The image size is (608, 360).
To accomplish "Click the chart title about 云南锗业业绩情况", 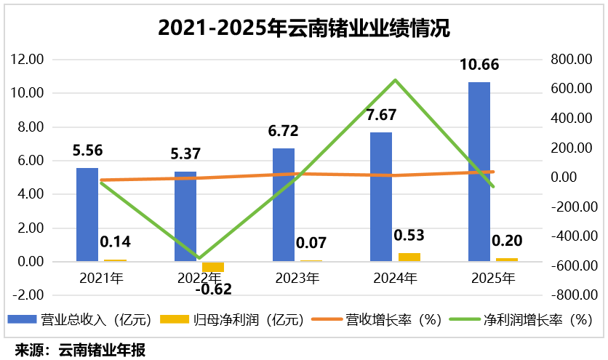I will (x=304, y=28).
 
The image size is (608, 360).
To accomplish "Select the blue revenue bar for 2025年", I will (x=479, y=171).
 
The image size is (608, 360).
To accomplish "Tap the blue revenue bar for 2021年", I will (x=87, y=214).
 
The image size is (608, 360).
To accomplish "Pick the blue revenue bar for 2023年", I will (x=283, y=204).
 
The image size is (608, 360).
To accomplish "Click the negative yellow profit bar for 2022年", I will (x=213, y=267).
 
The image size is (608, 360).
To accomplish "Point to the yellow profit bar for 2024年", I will (x=409, y=257).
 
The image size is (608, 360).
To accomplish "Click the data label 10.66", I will (x=479, y=65).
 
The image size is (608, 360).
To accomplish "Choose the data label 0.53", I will (x=409, y=236).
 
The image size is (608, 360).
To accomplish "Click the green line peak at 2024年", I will (x=394, y=80).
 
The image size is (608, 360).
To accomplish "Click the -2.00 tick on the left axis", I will (x=29, y=295).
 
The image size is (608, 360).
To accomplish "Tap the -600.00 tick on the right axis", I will (x=570, y=266).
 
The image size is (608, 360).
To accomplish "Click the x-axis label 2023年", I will (x=297, y=278).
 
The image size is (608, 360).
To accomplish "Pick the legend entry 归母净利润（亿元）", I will (x=227, y=319).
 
